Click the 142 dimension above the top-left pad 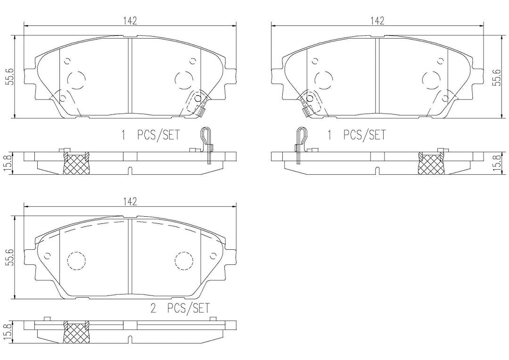click(130, 21)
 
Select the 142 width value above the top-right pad click(377, 21)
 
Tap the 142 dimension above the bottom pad click(130, 202)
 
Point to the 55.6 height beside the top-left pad click(11, 77)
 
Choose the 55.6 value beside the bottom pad click(11, 258)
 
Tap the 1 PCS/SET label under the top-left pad click(150, 135)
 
